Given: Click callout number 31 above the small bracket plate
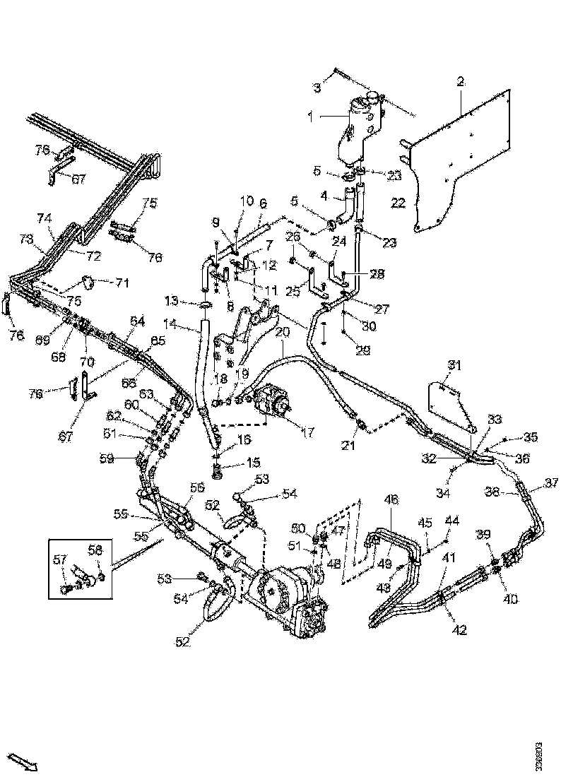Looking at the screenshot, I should point(454,364).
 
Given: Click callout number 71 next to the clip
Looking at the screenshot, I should point(123,284).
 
